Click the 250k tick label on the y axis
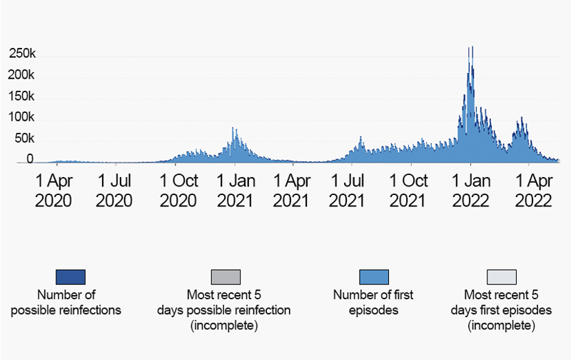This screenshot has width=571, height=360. pos(22,54)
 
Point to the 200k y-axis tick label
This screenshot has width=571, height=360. pos(22,75)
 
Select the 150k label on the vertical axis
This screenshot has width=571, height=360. pos(22,96)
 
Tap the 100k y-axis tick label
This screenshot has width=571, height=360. pos(22,117)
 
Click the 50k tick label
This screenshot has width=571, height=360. pos(25,138)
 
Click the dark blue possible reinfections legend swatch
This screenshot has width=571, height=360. pos(70,276)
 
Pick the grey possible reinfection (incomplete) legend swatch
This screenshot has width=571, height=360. pos(226,276)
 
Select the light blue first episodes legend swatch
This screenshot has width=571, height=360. pos(373,276)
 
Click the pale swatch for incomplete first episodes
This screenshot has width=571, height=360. pos(501,276)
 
